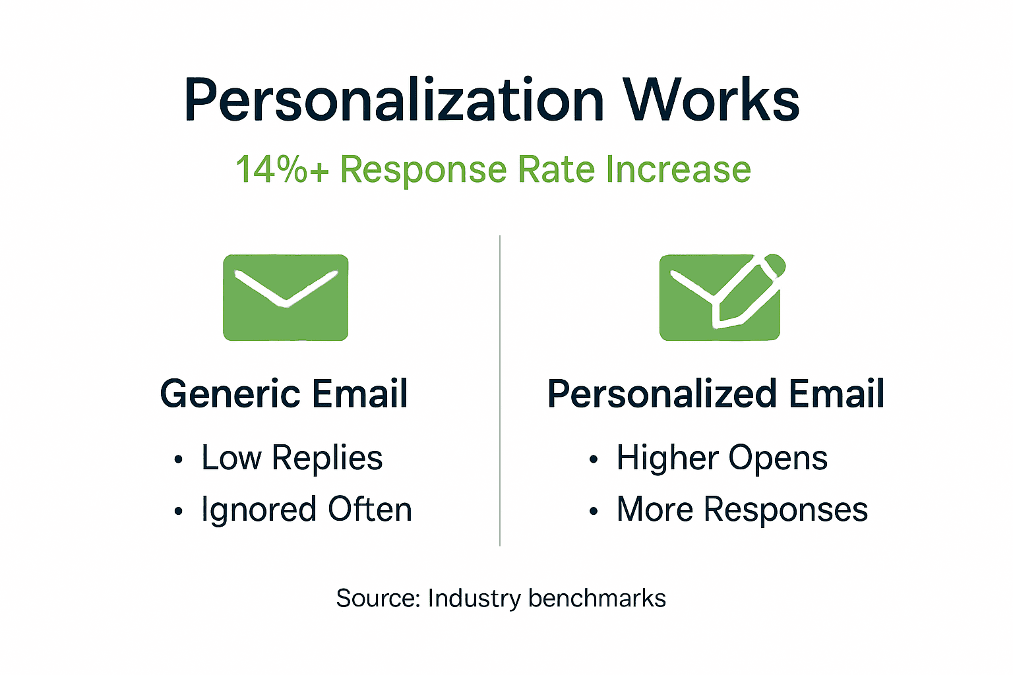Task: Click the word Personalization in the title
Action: (x=394, y=100)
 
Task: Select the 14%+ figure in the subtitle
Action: (x=282, y=169)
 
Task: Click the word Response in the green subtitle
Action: (x=423, y=170)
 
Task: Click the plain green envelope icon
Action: (x=286, y=298)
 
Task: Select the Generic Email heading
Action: (x=284, y=394)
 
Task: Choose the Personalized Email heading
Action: (x=716, y=394)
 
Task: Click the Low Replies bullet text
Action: (x=292, y=457)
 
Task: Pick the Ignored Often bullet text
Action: (x=307, y=510)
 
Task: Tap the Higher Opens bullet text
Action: (x=721, y=457)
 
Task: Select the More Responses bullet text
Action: (x=742, y=510)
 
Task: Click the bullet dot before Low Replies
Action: (x=178, y=459)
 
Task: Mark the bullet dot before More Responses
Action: (x=594, y=512)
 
